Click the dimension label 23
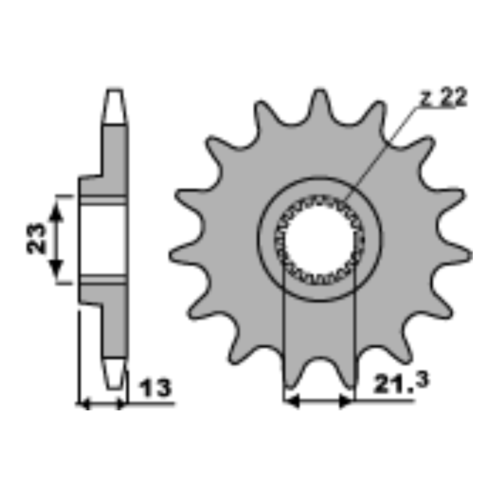tap(37, 238)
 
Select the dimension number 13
tap(155, 388)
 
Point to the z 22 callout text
tap(444, 97)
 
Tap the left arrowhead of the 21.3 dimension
tap(291, 401)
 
